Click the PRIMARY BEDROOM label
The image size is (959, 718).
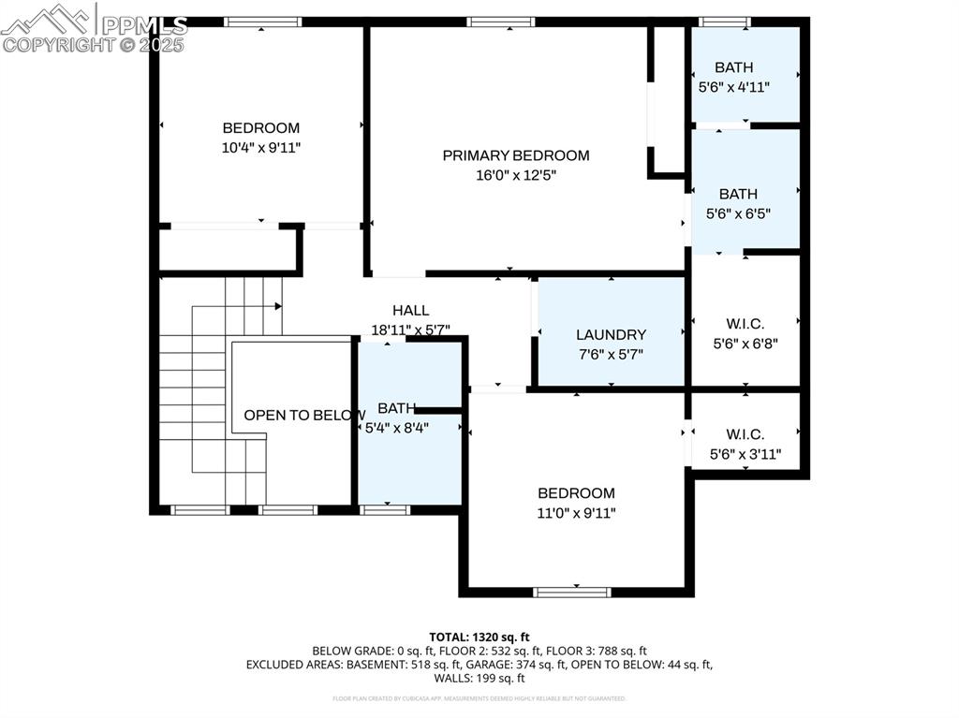coord(516,155)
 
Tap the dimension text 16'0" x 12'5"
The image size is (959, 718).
coord(516,175)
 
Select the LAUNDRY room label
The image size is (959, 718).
coord(611,334)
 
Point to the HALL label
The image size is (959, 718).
coord(410,311)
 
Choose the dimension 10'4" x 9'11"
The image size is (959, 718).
coord(260,148)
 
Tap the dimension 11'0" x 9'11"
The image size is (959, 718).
coord(576,513)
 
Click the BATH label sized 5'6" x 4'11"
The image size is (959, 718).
coord(733,67)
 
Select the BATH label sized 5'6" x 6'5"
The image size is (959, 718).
coord(738,194)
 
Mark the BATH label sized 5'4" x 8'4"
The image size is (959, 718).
coord(397,408)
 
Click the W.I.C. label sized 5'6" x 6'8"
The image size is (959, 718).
coord(745,324)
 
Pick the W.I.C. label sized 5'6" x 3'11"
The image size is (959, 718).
coord(745,434)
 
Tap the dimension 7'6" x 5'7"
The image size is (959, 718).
coord(611,354)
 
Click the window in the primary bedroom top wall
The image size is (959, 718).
coord(501,22)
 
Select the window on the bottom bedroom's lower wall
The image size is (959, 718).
coord(572,592)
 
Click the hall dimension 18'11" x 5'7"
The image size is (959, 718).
coord(410,330)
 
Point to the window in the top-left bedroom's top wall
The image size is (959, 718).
coord(262,22)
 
